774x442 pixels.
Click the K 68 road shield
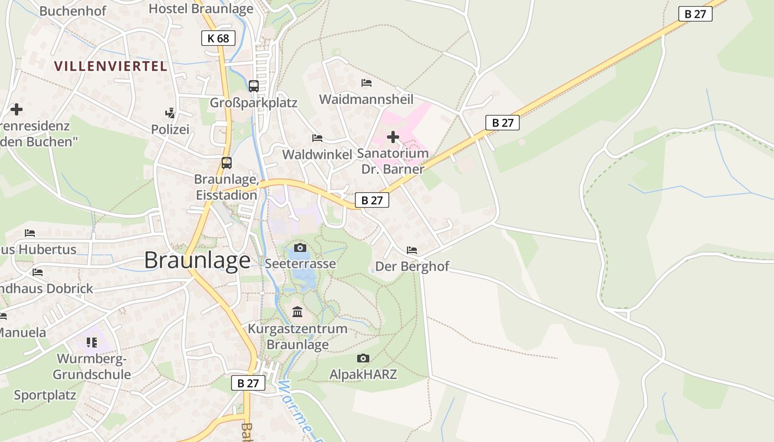(218, 38)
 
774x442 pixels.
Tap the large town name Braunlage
(197, 260)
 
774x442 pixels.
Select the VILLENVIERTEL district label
(111, 66)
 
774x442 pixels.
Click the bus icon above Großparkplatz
(254, 86)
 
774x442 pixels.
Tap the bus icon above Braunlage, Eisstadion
(227, 163)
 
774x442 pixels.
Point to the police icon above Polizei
(170, 113)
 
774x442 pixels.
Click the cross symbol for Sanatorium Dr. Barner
(393, 136)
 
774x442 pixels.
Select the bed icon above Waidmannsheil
(366, 83)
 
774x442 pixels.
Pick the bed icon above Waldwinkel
(317, 138)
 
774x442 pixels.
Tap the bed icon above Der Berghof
(412, 250)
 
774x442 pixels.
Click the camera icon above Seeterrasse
(300, 247)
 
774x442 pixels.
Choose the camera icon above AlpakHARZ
(363, 358)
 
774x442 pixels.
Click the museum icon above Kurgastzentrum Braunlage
(297, 312)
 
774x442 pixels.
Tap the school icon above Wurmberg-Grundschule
(92, 342)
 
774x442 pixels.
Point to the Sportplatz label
(45, 395)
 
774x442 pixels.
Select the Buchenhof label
(73, 11)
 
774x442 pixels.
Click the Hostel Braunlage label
(201, 8)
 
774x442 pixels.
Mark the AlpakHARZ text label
(363, 374)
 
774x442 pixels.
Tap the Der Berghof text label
(412, 267)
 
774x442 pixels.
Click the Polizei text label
(170, 129)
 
